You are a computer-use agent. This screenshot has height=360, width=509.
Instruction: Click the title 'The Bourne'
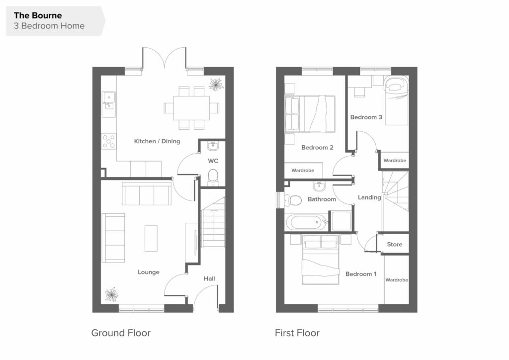pyautogui.click(x=38, y=15)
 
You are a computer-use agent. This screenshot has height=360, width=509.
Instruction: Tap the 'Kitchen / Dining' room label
pyautogui.click(x=157, y=141)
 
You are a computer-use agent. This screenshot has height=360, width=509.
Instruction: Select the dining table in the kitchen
pyautogui.click(x=191, y=108)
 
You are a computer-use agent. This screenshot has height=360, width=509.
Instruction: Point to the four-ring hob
pyautogui.click(x=109, y=142)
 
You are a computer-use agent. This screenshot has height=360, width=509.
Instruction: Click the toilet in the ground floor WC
pyautogui.click(x=213, y=177)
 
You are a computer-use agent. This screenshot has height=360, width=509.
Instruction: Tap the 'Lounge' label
pyautogui.click(x=148, y=272)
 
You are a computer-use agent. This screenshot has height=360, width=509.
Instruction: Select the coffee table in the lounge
pyautogui.click(x=151, y=238)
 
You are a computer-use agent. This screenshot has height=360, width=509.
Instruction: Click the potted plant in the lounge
pyautogui.click(x=111, y=294)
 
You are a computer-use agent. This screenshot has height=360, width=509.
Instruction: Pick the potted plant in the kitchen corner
pyautogui.click(x=216, y=85)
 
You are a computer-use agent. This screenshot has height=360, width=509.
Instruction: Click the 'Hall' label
pyautogui.click(x=209, y=278)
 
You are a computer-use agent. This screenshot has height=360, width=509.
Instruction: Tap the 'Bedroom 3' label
pyautogui.click(x=366, y=117)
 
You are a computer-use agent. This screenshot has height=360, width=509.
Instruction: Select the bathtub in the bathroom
pyautogui.click(x=307, y=223)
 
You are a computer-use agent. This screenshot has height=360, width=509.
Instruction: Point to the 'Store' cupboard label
pyautogui.click(x=394, y=245)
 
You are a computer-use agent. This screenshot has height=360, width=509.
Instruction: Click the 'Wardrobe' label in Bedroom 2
pyautogui.click(x=303, y=170)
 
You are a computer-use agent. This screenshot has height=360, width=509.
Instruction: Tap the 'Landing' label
pyautogui.click(x=369, y=197)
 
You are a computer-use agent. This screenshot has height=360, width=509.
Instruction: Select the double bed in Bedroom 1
pyautogui.click(x=321, y=260)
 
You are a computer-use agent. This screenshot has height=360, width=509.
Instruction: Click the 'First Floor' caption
pyautogui.click(x=297, y=333)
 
